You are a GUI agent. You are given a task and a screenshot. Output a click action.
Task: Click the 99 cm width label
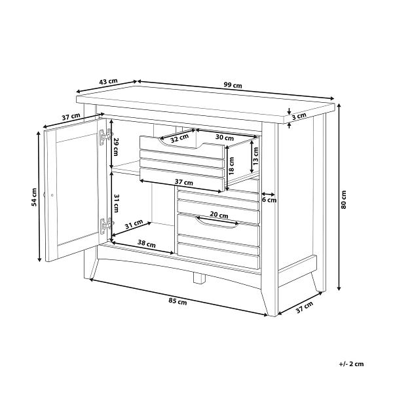tap(233, 85)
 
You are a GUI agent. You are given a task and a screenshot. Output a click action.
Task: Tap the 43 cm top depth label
tap(108, 82)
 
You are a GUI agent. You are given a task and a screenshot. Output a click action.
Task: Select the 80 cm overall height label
tap(343, 200)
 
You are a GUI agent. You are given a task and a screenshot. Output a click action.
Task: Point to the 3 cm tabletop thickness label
tap(299, 116)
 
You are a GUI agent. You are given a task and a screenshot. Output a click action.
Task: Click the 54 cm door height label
tap(34, 197)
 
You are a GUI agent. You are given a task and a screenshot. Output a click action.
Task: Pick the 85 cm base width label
tap(178, 301)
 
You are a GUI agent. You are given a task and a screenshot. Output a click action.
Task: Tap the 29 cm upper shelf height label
tap(116, 147)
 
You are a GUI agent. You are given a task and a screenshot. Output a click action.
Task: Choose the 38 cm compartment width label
tap(146, 244)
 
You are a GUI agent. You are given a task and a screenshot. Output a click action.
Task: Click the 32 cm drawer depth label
tap(179, 138)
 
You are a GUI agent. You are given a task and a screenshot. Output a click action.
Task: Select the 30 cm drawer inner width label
tap(225, 138)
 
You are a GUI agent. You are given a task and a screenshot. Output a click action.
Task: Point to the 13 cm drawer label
tap(255, 156)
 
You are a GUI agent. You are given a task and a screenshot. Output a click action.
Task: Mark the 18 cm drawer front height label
tap(231, 166)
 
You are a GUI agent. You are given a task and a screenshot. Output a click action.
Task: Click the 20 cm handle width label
tap(219, 215)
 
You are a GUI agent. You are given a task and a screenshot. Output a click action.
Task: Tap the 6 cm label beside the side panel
tap(269, 200)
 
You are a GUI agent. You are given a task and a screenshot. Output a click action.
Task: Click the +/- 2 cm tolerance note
tap(351, 364)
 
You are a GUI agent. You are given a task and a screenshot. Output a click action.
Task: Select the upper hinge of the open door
tap(105, 136)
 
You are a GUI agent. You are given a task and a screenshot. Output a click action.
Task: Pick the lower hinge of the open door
tap(106, 225)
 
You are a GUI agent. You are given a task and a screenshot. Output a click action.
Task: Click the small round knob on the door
tap(52, 195)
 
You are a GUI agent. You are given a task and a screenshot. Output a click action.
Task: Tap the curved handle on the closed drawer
tap(217, 223)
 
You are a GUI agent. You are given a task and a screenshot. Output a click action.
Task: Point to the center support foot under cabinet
tap(199, 278)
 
